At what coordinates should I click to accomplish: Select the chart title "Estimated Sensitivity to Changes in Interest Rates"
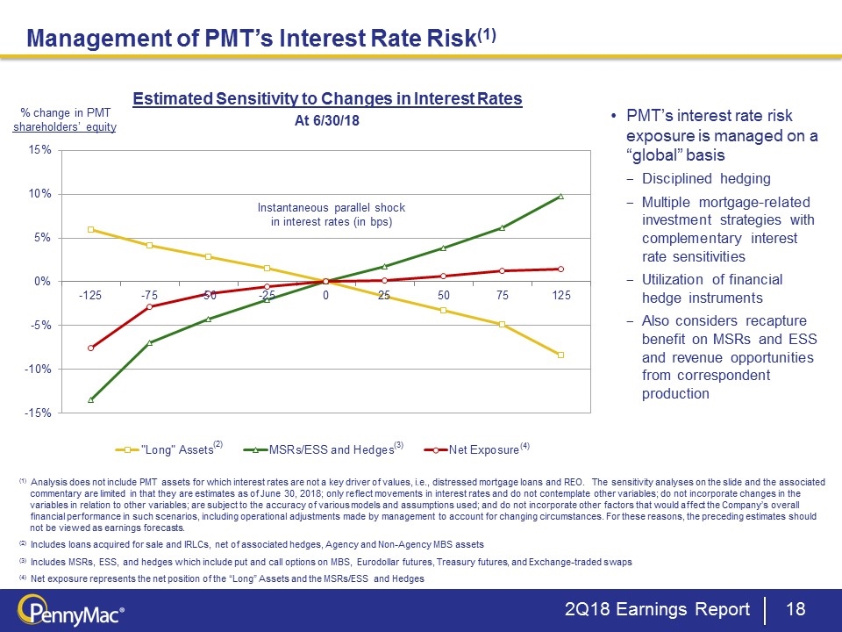[327, 99]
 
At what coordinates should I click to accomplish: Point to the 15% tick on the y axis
[39, 150]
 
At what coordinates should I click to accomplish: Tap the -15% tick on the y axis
[37, 413]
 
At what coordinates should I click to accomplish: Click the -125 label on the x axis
[90, 297]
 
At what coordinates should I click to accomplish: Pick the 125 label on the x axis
[560, 297]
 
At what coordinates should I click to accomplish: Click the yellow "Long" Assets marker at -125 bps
[90, 229]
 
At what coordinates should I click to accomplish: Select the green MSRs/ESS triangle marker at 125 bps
[560, 196]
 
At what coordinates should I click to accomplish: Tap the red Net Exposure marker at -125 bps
[90, 348]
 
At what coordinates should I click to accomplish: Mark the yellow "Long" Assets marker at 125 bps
[560, 355]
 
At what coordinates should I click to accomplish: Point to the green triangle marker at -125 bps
[90, 399]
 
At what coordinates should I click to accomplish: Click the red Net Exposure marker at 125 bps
[560, 269]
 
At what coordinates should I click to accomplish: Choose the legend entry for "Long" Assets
[175, 449]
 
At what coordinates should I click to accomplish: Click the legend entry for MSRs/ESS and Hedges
[330, 449]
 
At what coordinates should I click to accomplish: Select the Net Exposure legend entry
[482, 449]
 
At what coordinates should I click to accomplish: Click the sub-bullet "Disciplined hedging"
[706, 179]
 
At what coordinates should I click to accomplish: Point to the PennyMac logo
[66, 609]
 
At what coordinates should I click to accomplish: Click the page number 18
[796, 609]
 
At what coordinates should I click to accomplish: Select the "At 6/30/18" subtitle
[327, 121]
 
